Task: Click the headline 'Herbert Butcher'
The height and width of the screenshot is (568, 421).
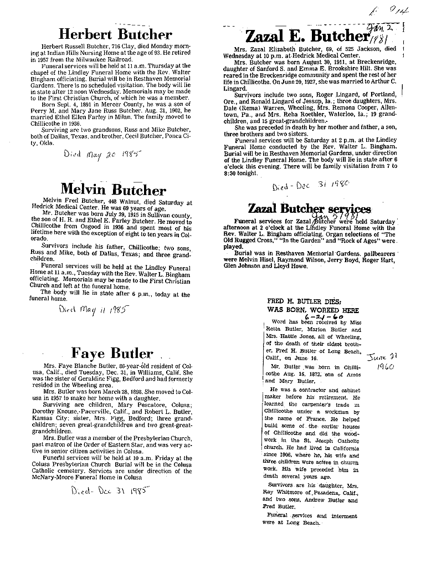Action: [x=115, y=34]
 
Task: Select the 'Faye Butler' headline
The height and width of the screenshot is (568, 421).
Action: [x=112, y=352]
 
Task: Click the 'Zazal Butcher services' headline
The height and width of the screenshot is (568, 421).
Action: [x=309, y=208]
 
